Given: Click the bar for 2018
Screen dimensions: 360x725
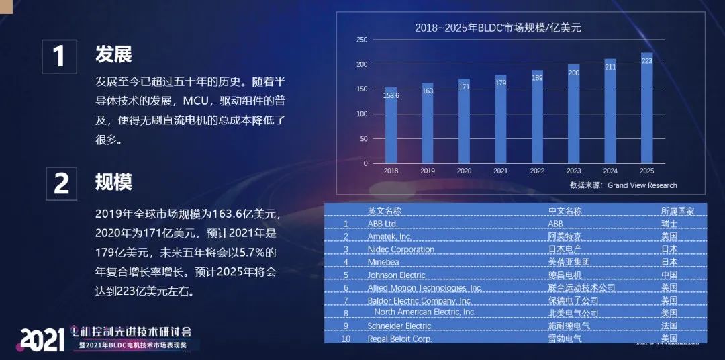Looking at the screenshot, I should tap(391, 126).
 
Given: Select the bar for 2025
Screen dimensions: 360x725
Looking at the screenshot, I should tap(647, 108).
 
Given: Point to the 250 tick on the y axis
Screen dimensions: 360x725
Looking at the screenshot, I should tap(362, 40).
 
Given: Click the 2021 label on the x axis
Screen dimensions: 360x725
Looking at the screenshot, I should tap(500, 171).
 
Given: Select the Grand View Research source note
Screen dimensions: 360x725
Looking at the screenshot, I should tap(623, 185).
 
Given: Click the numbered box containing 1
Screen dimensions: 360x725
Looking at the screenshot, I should tap(59, 55).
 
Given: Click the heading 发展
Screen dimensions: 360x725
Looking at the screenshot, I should tap(113, 54).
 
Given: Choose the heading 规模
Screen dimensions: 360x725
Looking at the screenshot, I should tap(113, 182).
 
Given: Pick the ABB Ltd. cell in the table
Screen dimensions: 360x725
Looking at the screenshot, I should tap(383, 224).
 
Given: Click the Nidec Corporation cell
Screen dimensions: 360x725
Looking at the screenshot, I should tap(401, 249).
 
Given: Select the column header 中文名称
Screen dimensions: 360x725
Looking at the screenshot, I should tap(565, 211).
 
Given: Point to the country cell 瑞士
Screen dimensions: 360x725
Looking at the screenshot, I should tap(669, 224).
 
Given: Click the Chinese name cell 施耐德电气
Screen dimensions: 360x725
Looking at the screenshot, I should tap(568, 326).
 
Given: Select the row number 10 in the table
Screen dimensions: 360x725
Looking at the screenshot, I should tap(346, 339).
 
